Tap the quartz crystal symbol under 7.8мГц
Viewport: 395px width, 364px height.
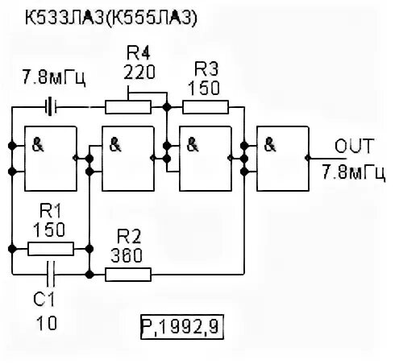coord(51,105)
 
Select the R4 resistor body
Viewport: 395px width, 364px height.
coord(129,105)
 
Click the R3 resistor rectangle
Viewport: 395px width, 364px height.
coord(206,105)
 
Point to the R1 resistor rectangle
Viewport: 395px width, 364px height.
coord(50,249)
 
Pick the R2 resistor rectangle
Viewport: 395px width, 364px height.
coord(130,275)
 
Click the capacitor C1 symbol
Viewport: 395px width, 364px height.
coord(51,275)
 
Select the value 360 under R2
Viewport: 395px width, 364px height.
coord(127,257)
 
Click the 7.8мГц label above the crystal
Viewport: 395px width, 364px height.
coord(54,78)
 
